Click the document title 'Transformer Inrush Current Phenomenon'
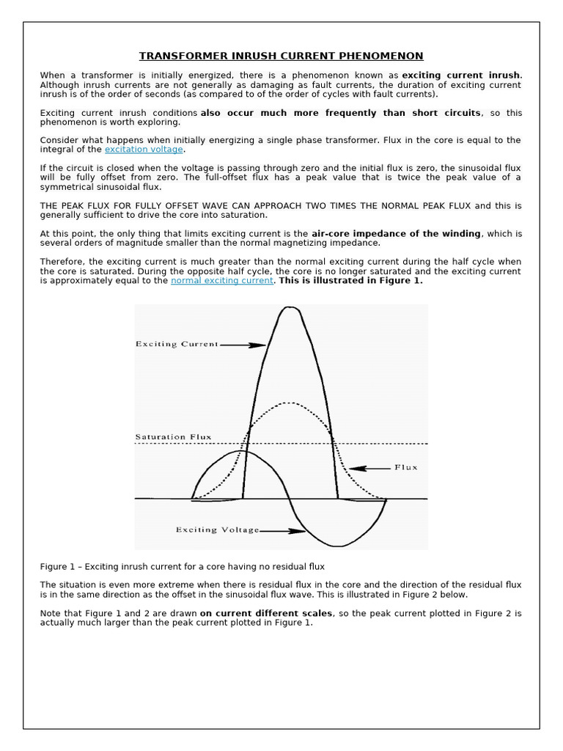(281, 56)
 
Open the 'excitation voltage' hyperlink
(144, 150)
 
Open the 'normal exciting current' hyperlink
(221, 281)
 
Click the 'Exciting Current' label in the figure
(177, 344)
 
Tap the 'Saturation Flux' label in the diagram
(173, 437)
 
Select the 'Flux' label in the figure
(405, 467)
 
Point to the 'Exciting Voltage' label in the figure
(217, 530)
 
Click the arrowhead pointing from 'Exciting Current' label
(259, 345)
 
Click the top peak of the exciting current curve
(290, 308)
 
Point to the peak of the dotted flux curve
(291, 403)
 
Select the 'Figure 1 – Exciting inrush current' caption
(182, 566)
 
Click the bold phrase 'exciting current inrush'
(461, 76)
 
